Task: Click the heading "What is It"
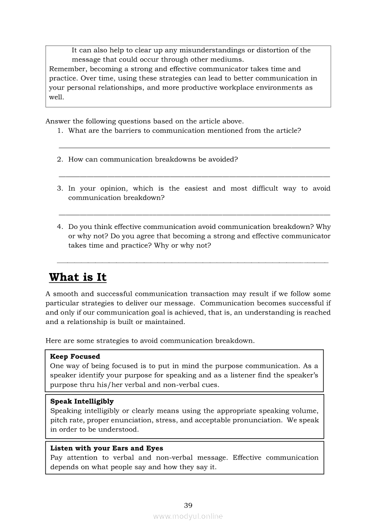pos(77,277)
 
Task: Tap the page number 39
pos(188,505)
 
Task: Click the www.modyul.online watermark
pos(188,516)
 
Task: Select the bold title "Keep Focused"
pos(75,357)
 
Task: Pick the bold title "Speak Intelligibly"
pos(81,401)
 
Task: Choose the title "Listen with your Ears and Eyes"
pos(106,448)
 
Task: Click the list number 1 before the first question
pos(60,131)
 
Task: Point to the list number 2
pos(60,159)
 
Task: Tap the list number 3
pos(60,188)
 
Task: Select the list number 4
pos(60,227)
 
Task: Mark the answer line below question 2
pos(194,176)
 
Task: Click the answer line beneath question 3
pos(194,214)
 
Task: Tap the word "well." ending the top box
pos(56,97)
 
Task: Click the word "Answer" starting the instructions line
pos(58,121)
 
